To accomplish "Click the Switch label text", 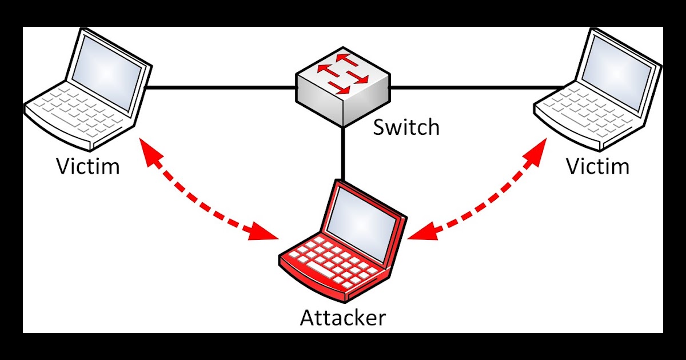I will point(406,127).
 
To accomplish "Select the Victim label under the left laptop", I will point(88,166).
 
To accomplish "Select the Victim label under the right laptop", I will point(597,166).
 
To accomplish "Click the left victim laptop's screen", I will point(109,66).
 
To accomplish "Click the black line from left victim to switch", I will point(220,88).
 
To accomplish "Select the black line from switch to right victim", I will point(474,88).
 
